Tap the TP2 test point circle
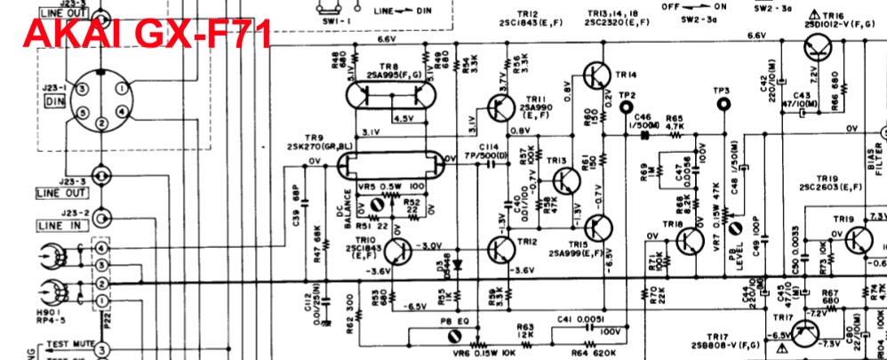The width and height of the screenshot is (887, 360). click(628, 108)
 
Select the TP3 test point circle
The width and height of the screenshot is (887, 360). click(721, 104)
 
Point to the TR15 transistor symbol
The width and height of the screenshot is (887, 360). click(596, 230)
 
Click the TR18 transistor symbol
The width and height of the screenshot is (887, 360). click(691, 241)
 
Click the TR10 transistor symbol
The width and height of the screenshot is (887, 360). click(397, 252)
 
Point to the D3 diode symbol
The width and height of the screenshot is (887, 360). click(458, 264)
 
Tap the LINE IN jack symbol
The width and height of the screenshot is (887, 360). click(105, 217)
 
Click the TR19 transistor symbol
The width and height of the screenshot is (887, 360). click(858, 238)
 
